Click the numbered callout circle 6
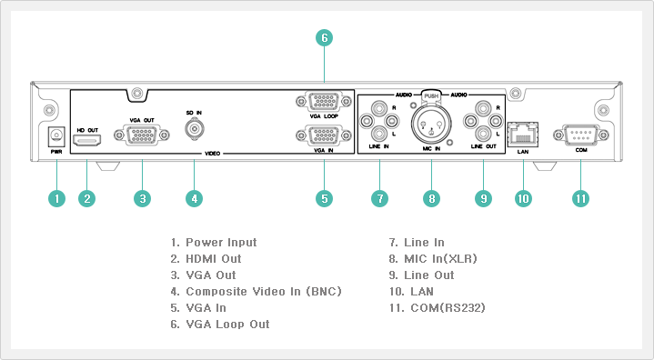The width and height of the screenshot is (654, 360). pyautogui.click(x=324, y=38)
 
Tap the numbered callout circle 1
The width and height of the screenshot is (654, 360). pyautogui.click(x=56, y=198)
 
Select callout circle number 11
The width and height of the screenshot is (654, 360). pyautogui.click(x=580, y=198)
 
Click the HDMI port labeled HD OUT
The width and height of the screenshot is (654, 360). pyautogui.click(x=86, y=140)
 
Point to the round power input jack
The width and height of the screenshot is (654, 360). pyautogui.click(x=56, y=135)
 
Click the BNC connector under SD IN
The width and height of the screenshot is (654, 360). pyautogui.click(x=195, y=129)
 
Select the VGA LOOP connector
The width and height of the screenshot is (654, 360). pyautogui.click(x=324, y=101)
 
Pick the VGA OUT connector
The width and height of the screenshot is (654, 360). pyautogui.click(x=142, y=135)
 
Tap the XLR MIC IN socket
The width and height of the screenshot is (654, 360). pyautogui.click(x=431, y=124)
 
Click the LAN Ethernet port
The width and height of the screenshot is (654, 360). pyautogui.click(x=523, y=135)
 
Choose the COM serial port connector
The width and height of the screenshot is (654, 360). pyautogui.click(x=581, y=135)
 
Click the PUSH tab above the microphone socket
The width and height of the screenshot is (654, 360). pyautogui.click(x=431, y=96)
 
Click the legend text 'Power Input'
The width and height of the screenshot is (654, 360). pyautogui.click(x=221, y=243)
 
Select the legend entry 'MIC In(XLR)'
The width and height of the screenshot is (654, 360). pyautogui.click(x=440, y=259)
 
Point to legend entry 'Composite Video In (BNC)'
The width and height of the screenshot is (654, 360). pyautogui.click(x=264, y=291)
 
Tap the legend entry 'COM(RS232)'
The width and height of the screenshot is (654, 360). pyautogui.click(x=448, y=308)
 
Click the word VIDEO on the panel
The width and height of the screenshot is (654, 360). pyautogui.click(x=212, y=154)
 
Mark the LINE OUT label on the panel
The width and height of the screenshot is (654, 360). pyautogui.click(x=483, y=146)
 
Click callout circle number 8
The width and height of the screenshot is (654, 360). pyautogui.click(x=431, y=198)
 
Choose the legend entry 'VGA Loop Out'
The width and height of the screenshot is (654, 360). pyautogui.click(x=227, y=325)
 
